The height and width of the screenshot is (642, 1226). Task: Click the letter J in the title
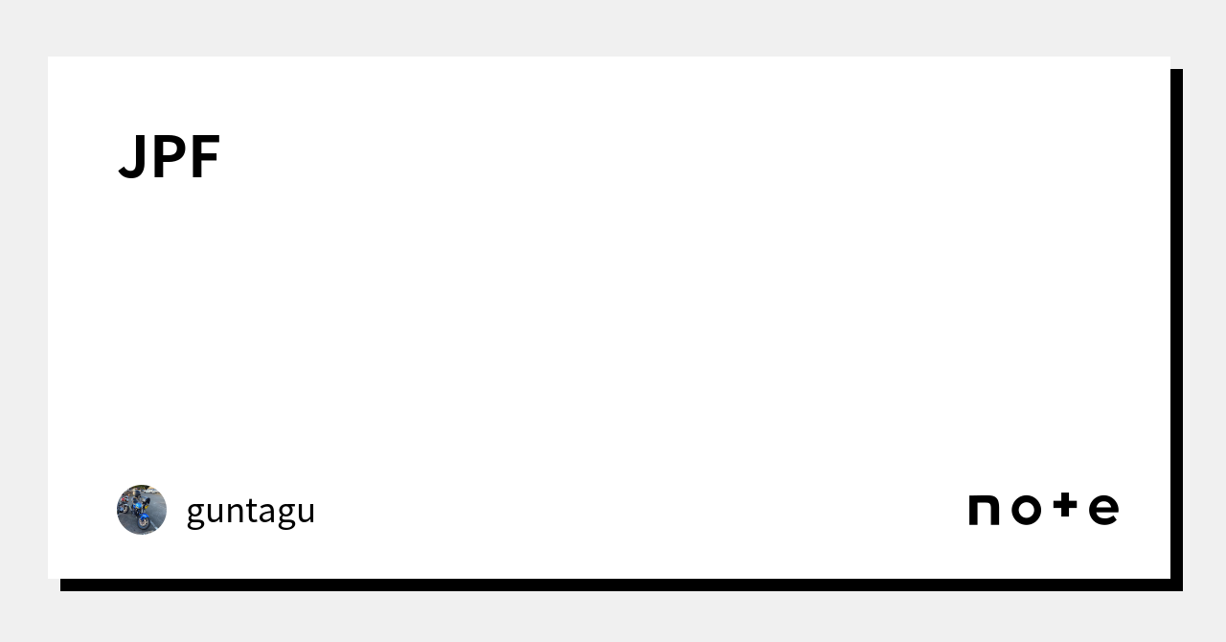pyautogui.click(x=132, y=157)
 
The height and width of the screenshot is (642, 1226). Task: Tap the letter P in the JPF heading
pyautogui.click(x=169, y=157)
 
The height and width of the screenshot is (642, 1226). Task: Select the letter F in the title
pyautogui.click(x=206, y=157)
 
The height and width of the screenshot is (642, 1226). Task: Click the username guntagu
pyautogui.click(x=250, y=510)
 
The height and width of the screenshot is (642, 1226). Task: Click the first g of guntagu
pyautogui.click(x=195, y=514)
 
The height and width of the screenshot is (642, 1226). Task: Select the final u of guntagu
pyautogui.click(x=305, y=512)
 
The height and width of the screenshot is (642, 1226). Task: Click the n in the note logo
pyautogui.click(x=985, y=510)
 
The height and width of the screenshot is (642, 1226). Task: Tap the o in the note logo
pyautogui.click(x=1026, y=510)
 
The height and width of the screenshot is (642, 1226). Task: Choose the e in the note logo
pyautogui.click(x=1103, y=510)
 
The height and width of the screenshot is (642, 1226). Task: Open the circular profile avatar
pyautogui.click(x=142, y=510)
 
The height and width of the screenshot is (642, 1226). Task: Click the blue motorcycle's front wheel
pyautogui.click(x=145, y=523)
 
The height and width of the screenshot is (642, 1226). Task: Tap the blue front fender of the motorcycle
pyautogui.click(x=144, y=516)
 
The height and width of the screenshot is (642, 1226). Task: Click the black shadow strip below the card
pyautogui.click(x=613, y=585)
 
